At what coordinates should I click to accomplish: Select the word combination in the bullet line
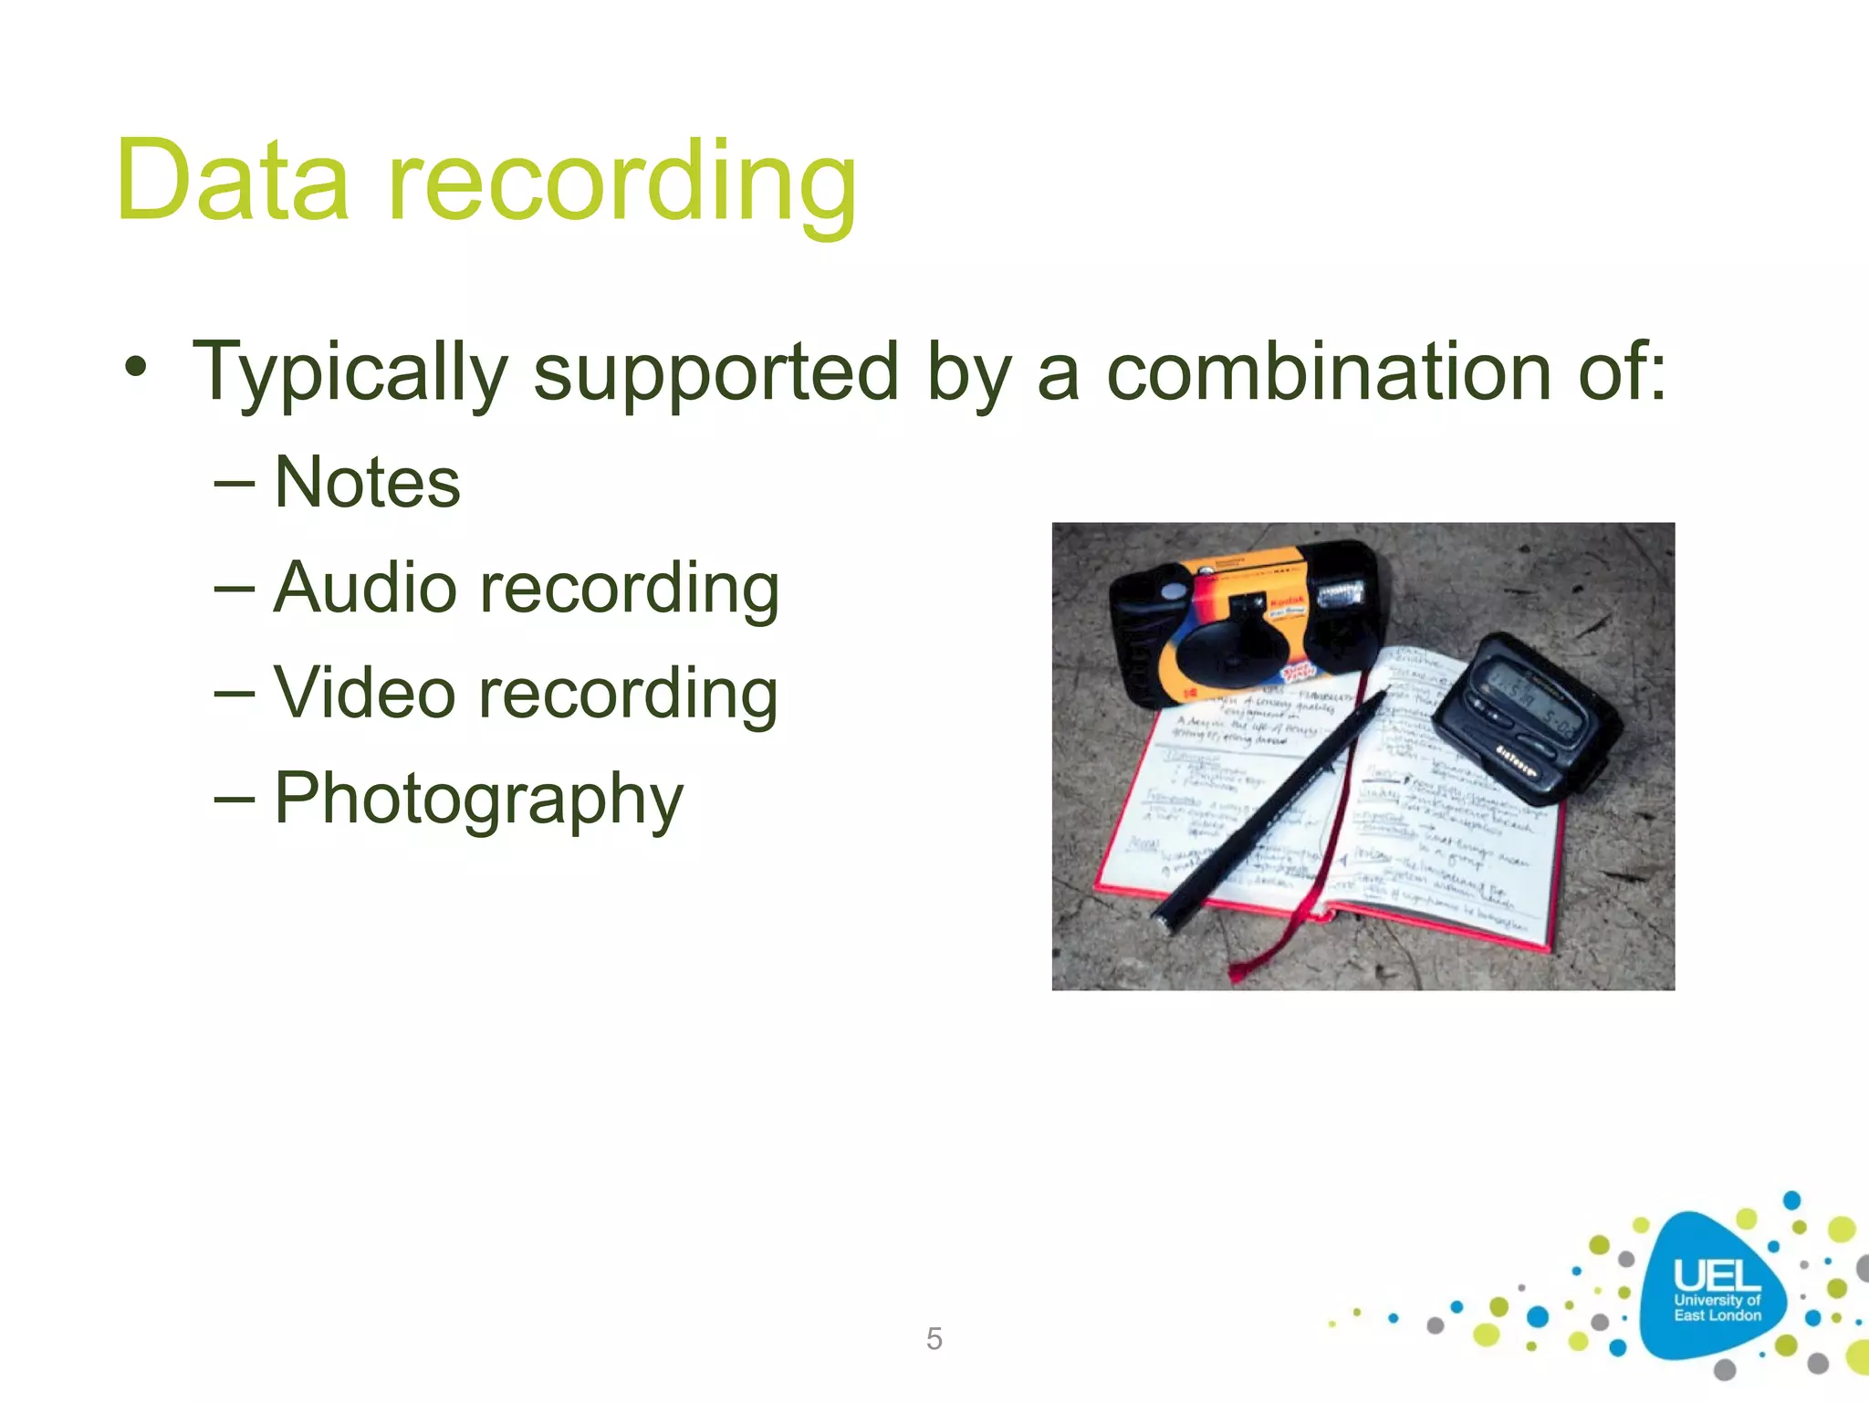[1329, 371]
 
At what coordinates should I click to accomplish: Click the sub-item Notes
[367, 482]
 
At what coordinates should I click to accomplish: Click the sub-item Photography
[478, 800]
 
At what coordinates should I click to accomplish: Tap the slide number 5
[934, 1338]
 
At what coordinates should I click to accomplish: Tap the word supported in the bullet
[716, 373]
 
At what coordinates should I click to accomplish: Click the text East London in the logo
[1717, 1315]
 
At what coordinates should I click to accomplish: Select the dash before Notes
[234, 482]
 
